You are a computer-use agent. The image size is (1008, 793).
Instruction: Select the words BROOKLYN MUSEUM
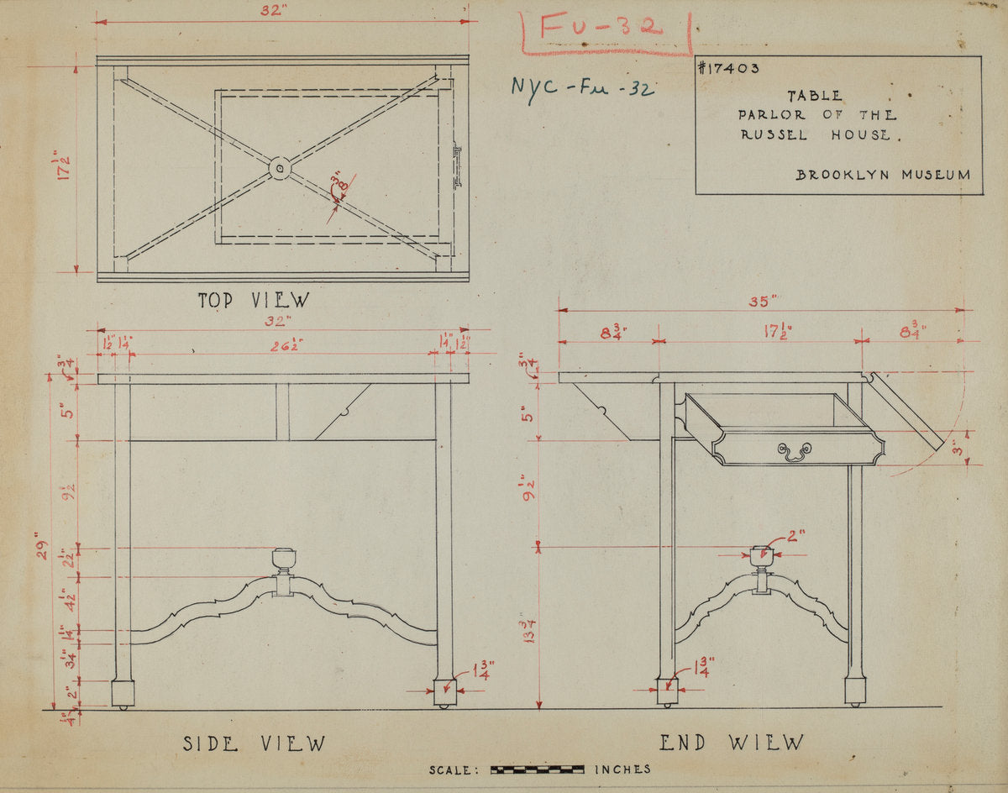(x=883, y=175)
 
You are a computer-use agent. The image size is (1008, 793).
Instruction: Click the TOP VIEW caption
(x=253, y=300)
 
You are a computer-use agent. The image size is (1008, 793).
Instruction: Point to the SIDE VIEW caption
(x=254, y=743)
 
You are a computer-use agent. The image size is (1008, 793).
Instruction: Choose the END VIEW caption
(x=731, y=743)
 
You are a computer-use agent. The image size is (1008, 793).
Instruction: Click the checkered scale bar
(x=537, y=769)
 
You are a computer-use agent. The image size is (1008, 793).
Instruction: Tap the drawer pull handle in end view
(x=794, y=453)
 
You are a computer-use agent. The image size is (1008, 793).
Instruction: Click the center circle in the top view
(x=280, y=169)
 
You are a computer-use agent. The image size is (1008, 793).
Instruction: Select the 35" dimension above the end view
(x=762, y=301)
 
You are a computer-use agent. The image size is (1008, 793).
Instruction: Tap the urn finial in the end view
(x=761, y=555)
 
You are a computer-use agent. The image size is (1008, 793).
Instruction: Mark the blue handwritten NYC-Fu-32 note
(x=581, y=86)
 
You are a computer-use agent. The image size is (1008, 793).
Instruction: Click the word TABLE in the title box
(x=815, y=97)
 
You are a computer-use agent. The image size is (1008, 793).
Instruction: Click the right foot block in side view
(x=444, y=692)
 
